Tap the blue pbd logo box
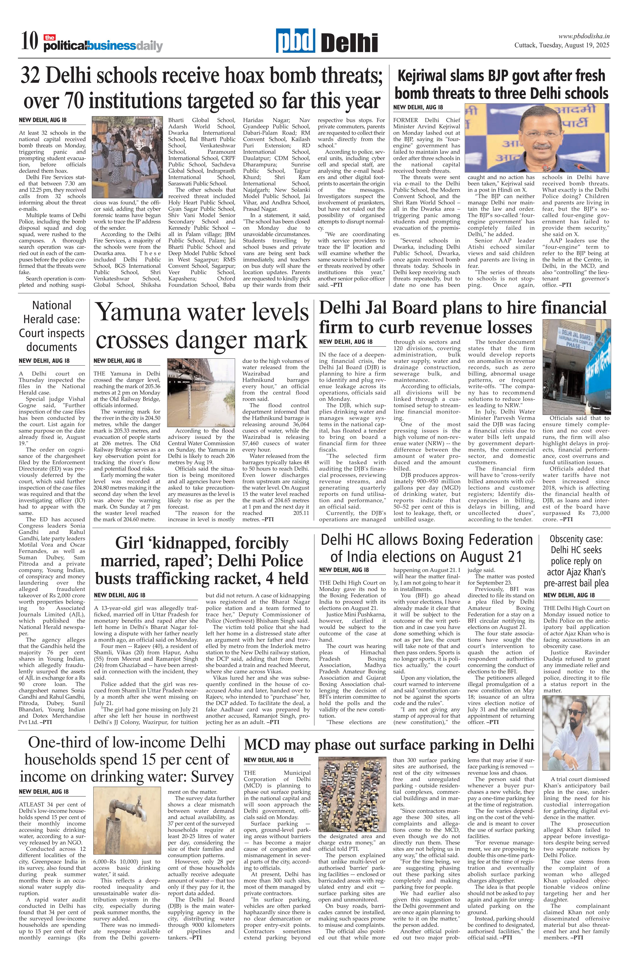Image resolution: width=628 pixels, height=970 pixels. click(x=295, y=41)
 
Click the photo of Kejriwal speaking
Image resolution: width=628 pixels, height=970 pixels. click(x=537, y=138)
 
